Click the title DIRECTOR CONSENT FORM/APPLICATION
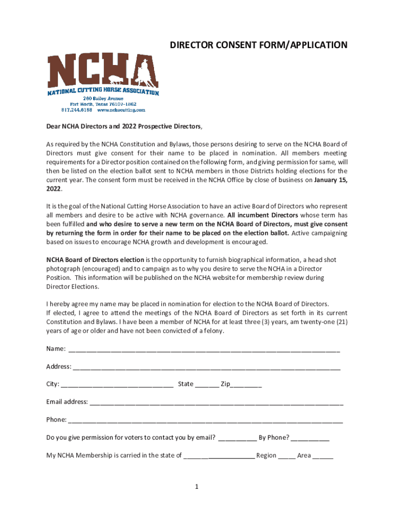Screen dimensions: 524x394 tap(258, 46)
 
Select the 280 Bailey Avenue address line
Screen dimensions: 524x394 tap(103, 98)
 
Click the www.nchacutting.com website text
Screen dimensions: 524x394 tap(121, 110)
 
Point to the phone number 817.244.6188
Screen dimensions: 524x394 tap(77, 110)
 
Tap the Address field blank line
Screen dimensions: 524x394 tap(207, 367)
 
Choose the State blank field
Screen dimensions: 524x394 tap(207, 385)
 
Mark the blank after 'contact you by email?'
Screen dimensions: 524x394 tap(237, 439)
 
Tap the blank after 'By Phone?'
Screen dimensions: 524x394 tap(311, 439)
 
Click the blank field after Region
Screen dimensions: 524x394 tap(287, 456)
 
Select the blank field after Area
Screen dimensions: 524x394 tap(322, 456)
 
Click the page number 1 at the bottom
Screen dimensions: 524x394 tap(196, 487)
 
